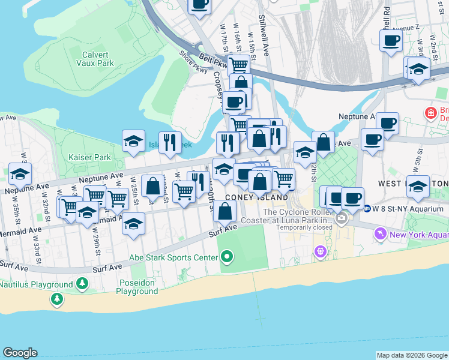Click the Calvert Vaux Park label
pos(98,58)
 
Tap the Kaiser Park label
pos(94,157)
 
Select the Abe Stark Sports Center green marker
pos(226,258)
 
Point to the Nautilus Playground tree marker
pos(57,298)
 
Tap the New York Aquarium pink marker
pos(379,233)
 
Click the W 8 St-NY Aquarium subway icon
pos(367,209)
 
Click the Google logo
pos(20,353)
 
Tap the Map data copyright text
pos(411,355)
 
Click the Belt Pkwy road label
pos(214,61)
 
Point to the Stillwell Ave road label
pos(264,36)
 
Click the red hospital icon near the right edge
pos(430,112)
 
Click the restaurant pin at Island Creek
pos(170,143)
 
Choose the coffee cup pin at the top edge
pos(199,5)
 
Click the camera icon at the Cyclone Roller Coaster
pos(342,218)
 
